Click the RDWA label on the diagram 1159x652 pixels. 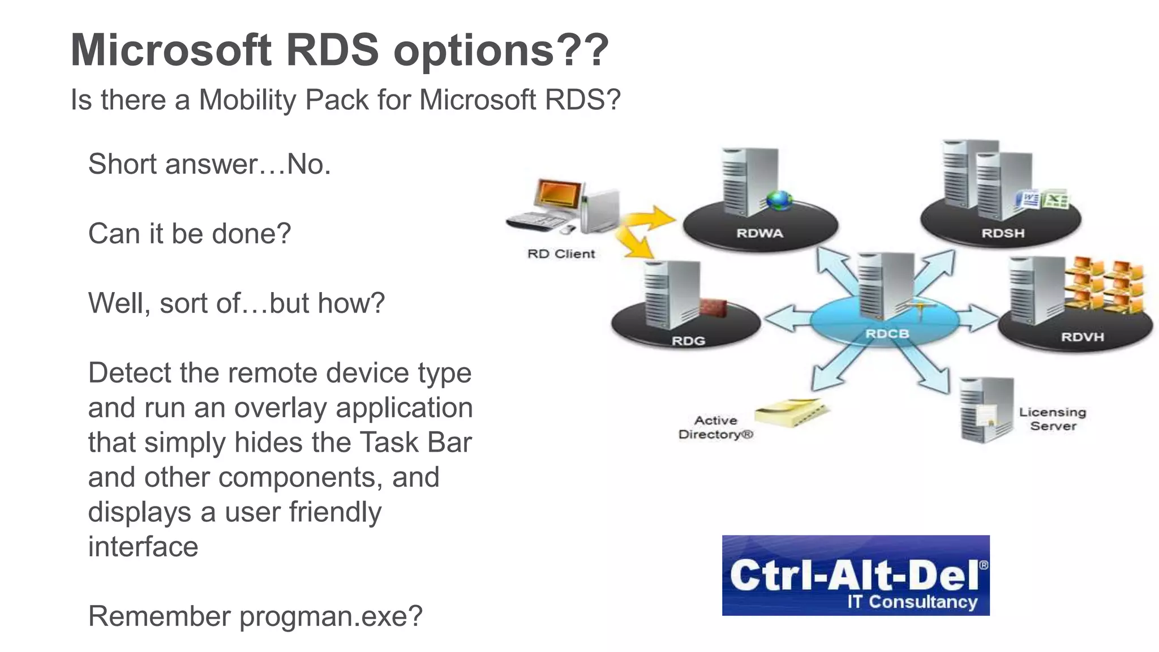(x=759, y=233)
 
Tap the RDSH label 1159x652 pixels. (x=1003, y=233)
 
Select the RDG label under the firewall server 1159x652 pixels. (x=688, y=341)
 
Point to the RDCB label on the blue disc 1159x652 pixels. (x=887, y=334)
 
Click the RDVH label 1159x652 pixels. (x=1082, y=337)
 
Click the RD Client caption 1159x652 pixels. (x=561, y=254)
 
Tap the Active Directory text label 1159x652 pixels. (x=716, y=427)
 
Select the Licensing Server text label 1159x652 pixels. (x=1053, y=419)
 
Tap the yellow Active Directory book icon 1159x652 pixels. (x=792, y=412)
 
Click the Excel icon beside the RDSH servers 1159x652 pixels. (x=1055, y=200)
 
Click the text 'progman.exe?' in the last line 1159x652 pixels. (x=330, y=616)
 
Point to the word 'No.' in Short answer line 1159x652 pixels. (x=308, y=164)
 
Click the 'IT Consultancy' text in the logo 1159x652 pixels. (x=912, y=602)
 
